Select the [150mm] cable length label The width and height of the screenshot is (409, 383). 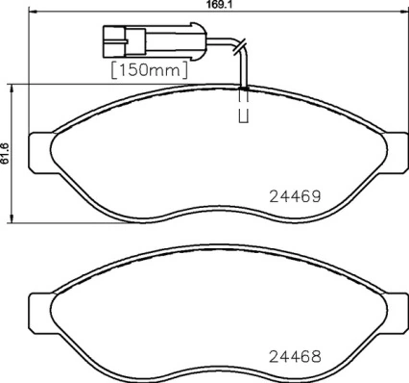(x=149, y=70)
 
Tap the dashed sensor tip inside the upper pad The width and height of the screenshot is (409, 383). (x=243, y=108)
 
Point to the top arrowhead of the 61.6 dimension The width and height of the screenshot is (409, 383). (x=12, y=88)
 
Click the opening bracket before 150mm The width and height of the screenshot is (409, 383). (x=115, y=70)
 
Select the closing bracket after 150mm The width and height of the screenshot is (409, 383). (x=183, y=70)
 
